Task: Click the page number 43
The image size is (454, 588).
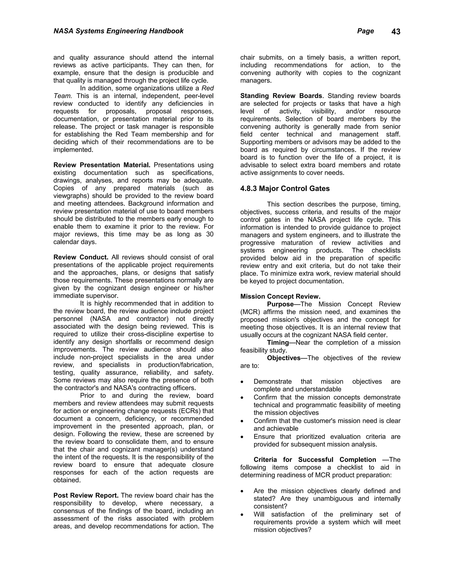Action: coord(396,32)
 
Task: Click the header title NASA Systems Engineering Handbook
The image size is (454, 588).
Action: coord(118,31)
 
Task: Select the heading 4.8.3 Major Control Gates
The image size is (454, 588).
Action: coord(285,188)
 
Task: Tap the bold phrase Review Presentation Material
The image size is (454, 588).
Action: coord(102,165)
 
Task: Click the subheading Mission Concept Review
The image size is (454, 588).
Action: coord(280,296)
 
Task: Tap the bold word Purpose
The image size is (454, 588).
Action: coord(280,304)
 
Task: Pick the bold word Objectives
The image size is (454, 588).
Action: coord(284,358)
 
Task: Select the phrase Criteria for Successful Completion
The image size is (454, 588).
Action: coord(315,460)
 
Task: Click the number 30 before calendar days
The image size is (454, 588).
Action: coord(210,234)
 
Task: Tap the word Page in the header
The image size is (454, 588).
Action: coord(365,31)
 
